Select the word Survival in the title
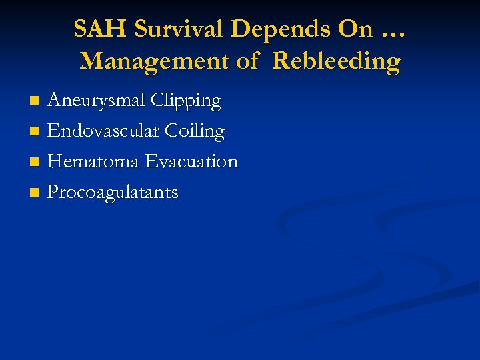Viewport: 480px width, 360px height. (180, 29)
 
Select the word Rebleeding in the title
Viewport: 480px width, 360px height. (337, 61)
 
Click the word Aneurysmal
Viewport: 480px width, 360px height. (97, 101)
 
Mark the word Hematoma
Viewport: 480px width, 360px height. (94, 162)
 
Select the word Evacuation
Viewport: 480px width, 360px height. (192, 162)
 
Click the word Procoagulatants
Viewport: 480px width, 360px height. (113, 193)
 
